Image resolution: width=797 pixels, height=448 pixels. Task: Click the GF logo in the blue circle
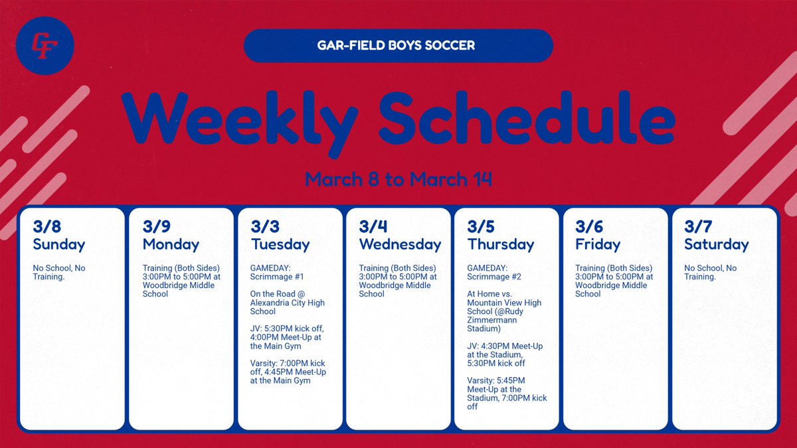pos(45,45)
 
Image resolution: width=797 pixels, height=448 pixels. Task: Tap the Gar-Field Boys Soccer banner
pos(398,46)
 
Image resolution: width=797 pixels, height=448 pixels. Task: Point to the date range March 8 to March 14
pos(398,179)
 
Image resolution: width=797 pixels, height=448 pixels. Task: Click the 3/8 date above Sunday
pos(46,227)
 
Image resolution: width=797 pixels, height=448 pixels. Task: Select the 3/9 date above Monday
pos(156,227)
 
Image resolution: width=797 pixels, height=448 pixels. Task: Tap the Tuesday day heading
pos(280,244)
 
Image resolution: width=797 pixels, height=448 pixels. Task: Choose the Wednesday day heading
pos(400,244)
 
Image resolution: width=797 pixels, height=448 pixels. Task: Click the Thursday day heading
pos(501,244)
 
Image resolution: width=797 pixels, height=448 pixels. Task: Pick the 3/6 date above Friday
pos(589,227)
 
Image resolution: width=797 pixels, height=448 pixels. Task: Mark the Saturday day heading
pos(716,244)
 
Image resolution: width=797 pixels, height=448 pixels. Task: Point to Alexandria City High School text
pos(287,303)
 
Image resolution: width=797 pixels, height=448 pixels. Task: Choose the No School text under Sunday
pos(54,268)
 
